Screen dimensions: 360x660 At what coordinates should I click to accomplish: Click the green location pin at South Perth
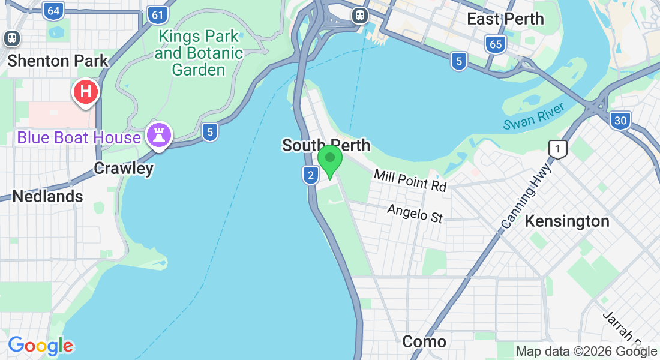(329, 159)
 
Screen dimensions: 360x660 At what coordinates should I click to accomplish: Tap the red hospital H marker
(86, 92)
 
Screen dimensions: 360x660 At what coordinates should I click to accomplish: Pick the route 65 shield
(495, 44)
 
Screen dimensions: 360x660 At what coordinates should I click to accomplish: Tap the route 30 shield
(620, 121)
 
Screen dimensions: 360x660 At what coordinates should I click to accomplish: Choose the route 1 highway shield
(558, 149)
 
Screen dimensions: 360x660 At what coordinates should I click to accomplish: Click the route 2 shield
(310, 175)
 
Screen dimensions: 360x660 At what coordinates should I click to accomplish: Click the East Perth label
(505, 19)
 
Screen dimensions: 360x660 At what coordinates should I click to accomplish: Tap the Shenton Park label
(58, 61)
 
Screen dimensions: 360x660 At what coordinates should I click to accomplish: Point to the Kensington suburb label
(567, 221)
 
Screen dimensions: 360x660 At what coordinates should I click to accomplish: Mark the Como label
(424, 342)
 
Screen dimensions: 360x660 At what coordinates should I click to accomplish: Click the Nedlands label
(47, 196)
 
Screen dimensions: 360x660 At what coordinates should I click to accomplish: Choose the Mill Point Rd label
(410, 180)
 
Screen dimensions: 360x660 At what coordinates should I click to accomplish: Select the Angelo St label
(415, 213)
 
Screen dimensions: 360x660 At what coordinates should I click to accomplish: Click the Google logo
(41, 346)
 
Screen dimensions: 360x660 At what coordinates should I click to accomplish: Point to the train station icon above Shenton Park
(11, 38)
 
